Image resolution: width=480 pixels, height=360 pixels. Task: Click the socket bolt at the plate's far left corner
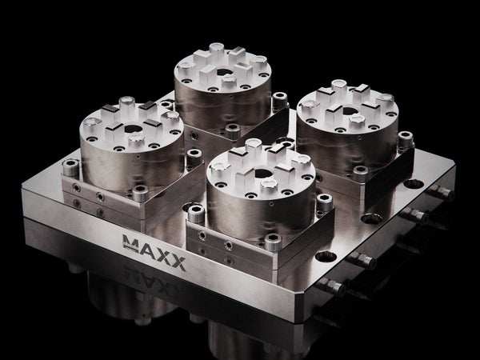[70, 169]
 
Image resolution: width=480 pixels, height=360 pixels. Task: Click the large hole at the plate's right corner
[414, 184]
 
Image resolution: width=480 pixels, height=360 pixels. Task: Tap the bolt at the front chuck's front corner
[274, 241]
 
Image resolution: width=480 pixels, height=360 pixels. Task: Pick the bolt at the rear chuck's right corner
[279, 101]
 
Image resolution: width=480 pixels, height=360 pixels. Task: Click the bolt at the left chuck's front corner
[140, 193]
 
